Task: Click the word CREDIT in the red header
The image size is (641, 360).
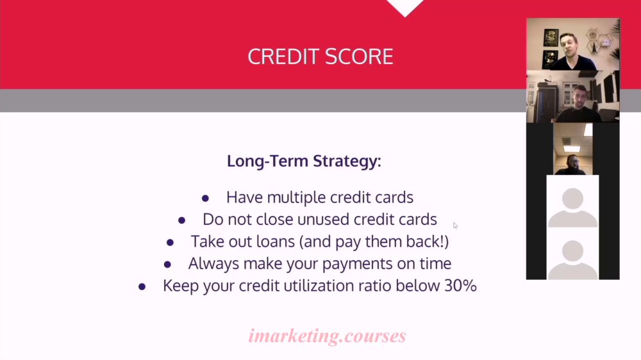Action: pos(283,56)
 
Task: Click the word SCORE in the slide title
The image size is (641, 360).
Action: pos(360,56)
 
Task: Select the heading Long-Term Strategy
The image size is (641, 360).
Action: pos(304,161)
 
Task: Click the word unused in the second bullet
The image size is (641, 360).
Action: pos(323,220)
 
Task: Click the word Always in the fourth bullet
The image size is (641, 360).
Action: pos(213,263)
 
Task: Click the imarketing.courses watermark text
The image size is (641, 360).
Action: pos(327,336)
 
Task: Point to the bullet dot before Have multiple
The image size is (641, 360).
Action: pos(205,199)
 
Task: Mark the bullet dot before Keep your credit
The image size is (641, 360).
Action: pos(142,287)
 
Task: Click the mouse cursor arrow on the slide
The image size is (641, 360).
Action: pos(455,225)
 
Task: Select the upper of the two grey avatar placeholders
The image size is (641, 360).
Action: pos(572,207)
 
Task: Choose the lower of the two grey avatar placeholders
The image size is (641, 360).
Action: pos(572,259)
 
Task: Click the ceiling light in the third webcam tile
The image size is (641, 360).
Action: pos(572,149)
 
